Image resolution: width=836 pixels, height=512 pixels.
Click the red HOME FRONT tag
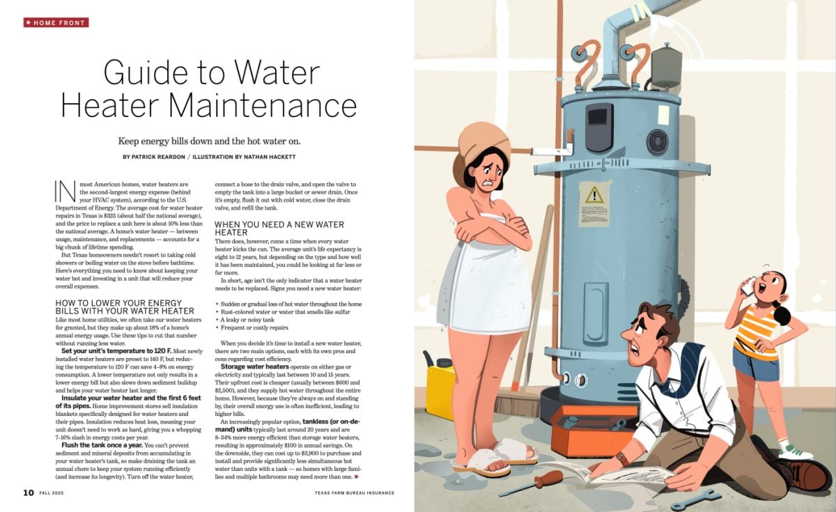(x=56, y=22)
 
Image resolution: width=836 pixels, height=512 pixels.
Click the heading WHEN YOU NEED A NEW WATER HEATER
(x=279, y=228)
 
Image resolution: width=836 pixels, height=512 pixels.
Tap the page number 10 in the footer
(x=28, y=492)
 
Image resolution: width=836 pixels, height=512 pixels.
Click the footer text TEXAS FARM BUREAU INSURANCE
(x=353, y=492)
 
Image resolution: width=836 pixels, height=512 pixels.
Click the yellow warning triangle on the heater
(x=594, y=195)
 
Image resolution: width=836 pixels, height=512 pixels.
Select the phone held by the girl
(x=748, y=286)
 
